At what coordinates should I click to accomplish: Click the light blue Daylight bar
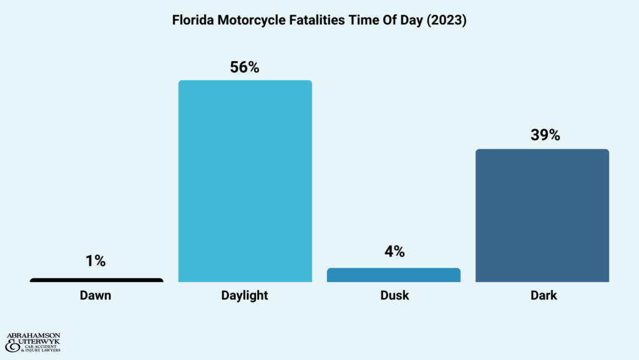pyautogui.click(x=245, y=181)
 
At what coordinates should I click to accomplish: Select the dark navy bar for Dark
pyautogui.click(x=542, y=215)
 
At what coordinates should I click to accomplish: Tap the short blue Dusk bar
pyautogui.click(x=393, y=275)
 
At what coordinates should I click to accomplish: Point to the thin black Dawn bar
pyautogui.click(x=96, y=280)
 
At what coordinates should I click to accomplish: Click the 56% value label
pyautogui.click(x=245, y=67)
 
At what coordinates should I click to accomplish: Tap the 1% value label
pyautogui.click(x=95, y=262)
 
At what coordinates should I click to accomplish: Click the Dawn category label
pyautogui.click(x=95, y=296)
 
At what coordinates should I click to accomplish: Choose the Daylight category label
pyautogui.click(x=245, y=296)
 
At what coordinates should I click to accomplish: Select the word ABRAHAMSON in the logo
pyautogui.click(x=33, y=336)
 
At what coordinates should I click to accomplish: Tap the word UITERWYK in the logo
pyautogui.click(x=39, y=343)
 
